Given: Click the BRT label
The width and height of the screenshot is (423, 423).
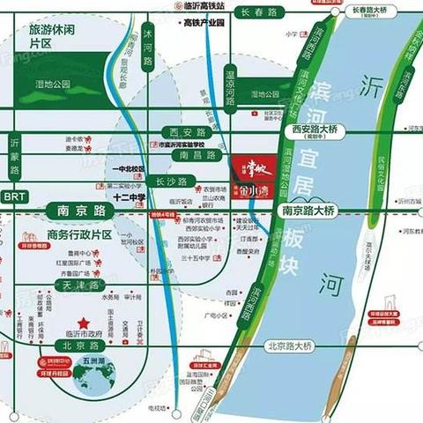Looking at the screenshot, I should tap(14, 196).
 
